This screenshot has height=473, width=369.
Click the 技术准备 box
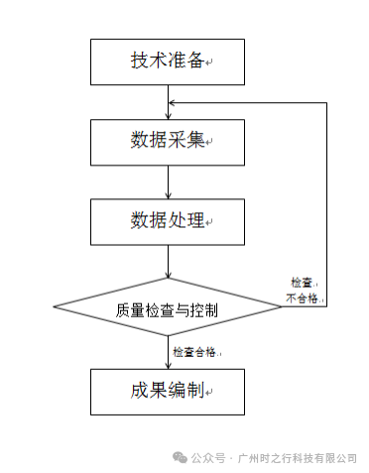tap(168, 61)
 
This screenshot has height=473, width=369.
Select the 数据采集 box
tap(168, 142)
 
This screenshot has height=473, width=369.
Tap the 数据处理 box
tap(168, 222)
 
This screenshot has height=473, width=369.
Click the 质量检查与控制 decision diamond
tap(168, 306)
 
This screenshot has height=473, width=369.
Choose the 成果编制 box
tap(168, 392)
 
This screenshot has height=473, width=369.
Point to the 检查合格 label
tap(194, 352)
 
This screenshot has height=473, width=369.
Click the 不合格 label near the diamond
tap(302, 298)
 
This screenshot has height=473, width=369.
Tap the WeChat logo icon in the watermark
tap(180, 458)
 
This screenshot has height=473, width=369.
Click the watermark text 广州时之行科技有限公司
tap(298, 458)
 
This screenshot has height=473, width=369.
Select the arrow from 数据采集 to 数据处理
tap(168, 182)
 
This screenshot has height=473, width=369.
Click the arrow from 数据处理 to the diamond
tap(168, 262)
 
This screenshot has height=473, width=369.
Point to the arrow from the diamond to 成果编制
tap(168, 352)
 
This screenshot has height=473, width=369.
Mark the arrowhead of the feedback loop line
tap(172, 103)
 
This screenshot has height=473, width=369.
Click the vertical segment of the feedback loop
tap(326, 204)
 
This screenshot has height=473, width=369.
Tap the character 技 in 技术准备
tap(139, 60)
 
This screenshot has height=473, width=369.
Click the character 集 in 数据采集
tap(195, 140)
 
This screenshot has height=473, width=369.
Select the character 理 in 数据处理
tap(195, 219)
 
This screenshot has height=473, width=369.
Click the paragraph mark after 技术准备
tap(209, 62)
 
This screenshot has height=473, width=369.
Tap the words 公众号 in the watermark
tap(208, 458)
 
